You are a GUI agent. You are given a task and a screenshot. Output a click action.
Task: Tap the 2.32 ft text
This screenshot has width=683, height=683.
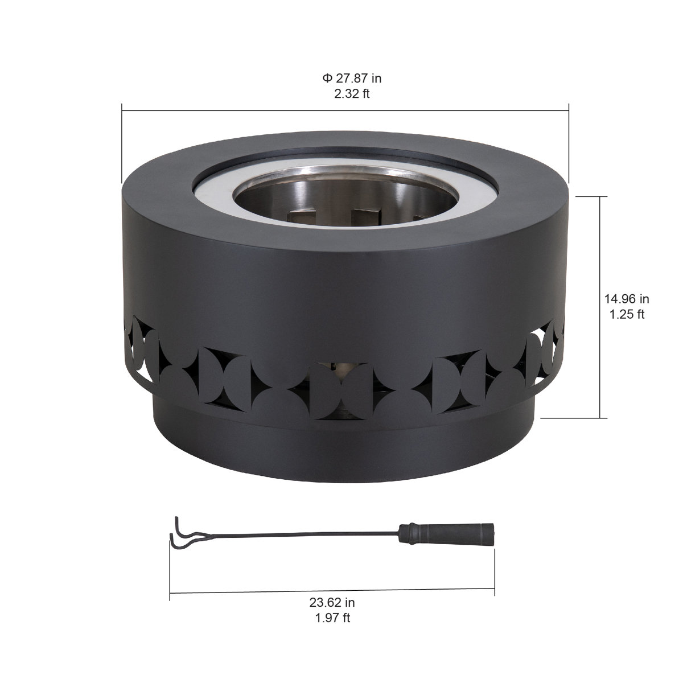click(x=351, y=94)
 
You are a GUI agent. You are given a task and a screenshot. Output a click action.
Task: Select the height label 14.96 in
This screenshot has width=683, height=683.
click(x=626, y=299)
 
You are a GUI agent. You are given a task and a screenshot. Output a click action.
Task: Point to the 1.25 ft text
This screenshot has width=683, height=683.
click(x=626, y=314)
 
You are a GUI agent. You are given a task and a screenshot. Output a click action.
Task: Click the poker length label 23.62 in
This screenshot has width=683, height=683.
click(x=332, y=602)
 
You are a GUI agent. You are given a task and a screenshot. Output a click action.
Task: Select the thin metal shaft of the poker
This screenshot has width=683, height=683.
click(x=296, y=535)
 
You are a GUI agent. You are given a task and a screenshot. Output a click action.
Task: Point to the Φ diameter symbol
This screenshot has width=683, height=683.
click(x=327, y=79)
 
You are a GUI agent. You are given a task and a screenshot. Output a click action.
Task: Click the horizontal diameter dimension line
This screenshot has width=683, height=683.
click(x=345, y=110)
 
